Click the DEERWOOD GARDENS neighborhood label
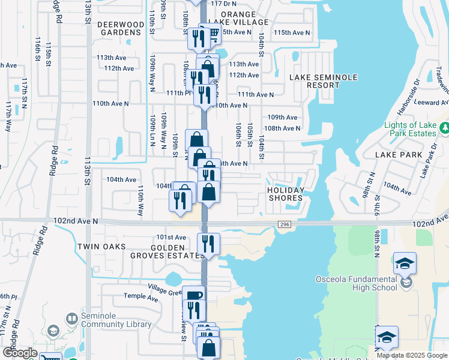pyautogui.click(x=121, y=29)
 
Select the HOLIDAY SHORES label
pyautogui.click(x=285, y=194)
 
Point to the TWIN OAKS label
pyautogui.click(x=101, y=247)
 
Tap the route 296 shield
pyautogui.click(x=284, y=224)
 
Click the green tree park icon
pyautogui.click(x=444, y=128)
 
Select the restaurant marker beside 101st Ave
pyautogui.click(x=209, y=243)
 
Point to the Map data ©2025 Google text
pyautogui.click(x=411, y=355)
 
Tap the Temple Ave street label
pyautogui.click(x=140, y=296)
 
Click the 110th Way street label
pyautogui.click(x=140, y=200)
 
